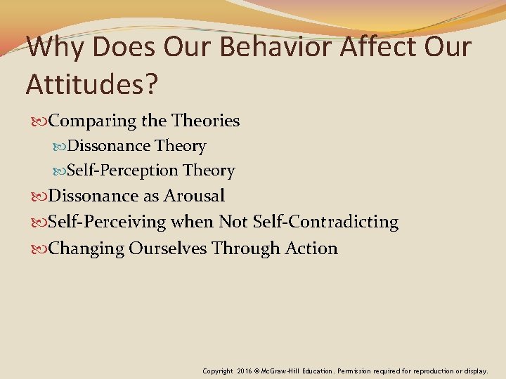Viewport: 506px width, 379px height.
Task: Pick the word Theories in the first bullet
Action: click(x=206, y=121)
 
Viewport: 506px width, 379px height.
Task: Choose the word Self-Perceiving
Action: click(x=107, y=222)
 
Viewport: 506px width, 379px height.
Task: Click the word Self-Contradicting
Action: click(x=329, y=222)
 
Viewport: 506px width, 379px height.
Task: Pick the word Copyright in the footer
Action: click(x=218, y=370)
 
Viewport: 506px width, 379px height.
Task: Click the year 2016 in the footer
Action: click(x=245, y=370)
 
